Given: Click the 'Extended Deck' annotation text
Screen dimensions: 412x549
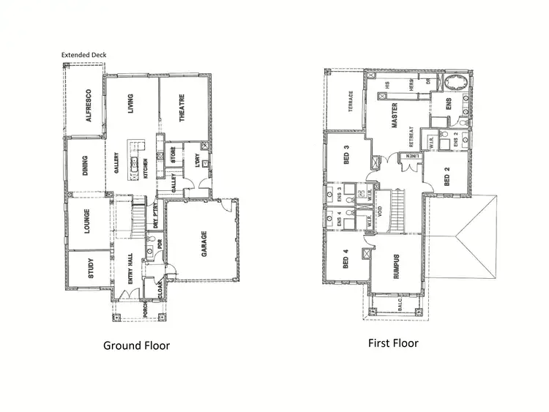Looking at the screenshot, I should click(x=84, y=55).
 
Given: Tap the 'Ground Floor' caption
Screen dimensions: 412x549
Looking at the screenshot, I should click(x=136, y=345).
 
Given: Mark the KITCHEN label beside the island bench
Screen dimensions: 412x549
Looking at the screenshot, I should click(x=146, y=168).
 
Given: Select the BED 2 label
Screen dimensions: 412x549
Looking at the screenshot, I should click(x=448, y=176).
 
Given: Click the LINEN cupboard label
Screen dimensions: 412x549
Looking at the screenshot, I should click(x=413, y=155).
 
